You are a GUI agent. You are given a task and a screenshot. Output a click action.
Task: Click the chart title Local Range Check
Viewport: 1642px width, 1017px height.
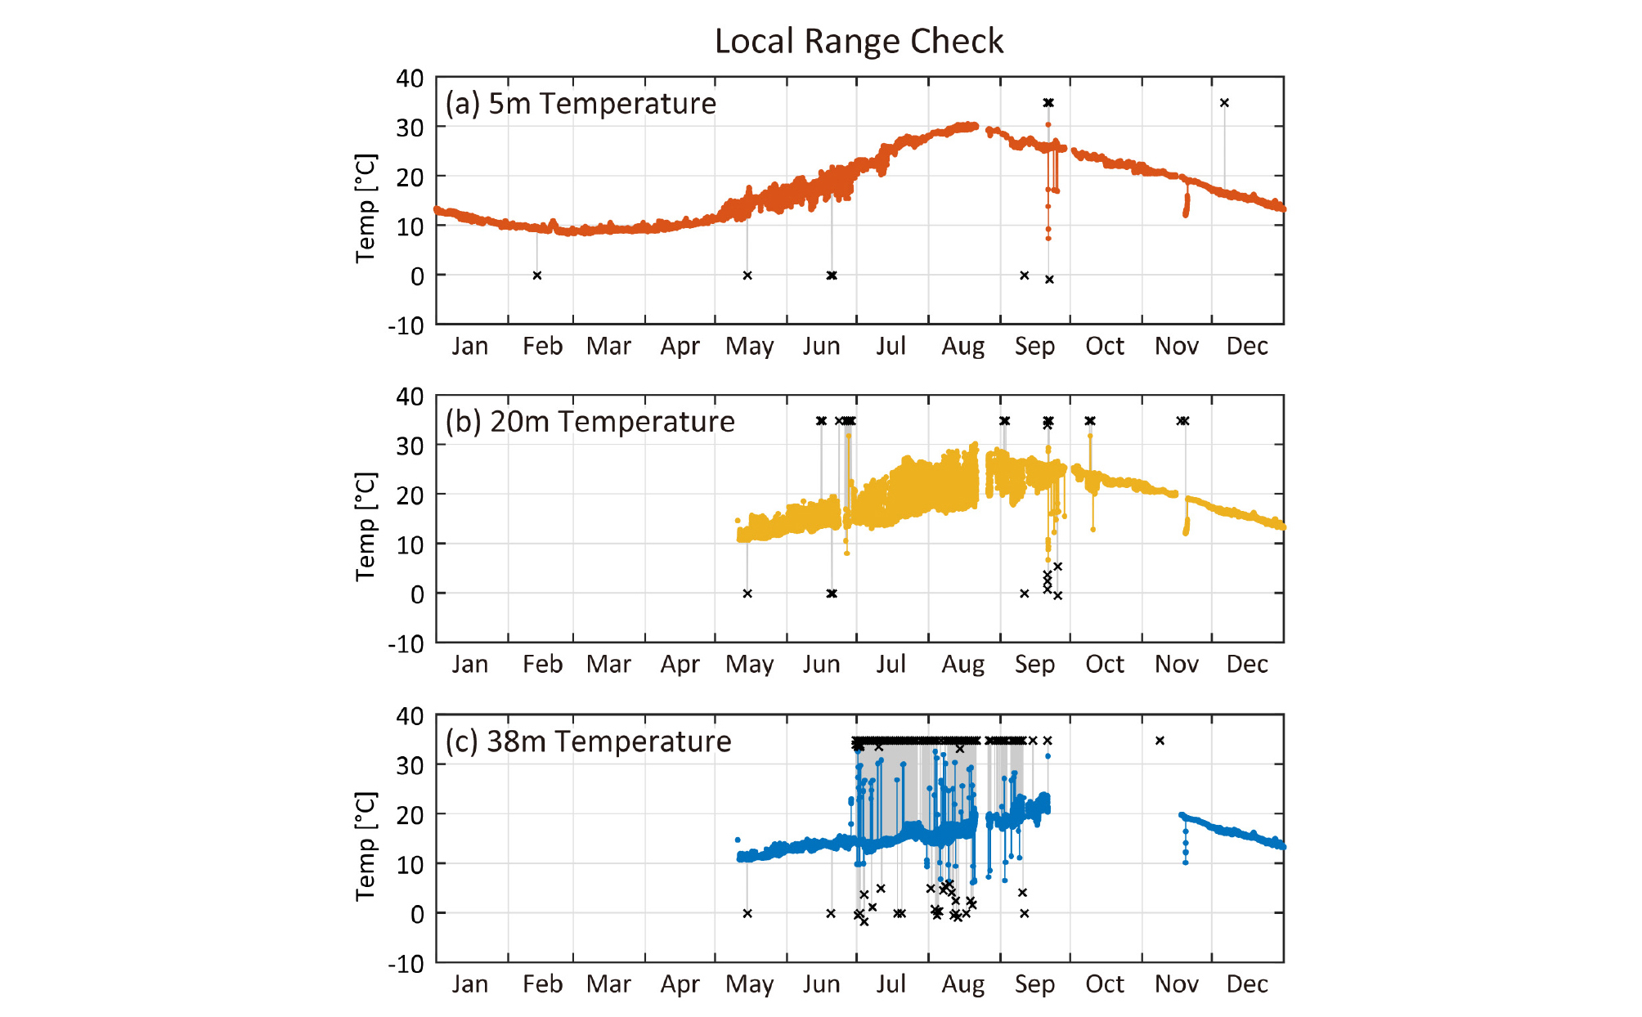[859, 41]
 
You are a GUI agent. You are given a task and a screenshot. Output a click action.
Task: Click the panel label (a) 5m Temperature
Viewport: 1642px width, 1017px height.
[581, 104]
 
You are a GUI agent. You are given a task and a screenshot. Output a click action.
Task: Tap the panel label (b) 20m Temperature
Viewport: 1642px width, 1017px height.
[590, 422]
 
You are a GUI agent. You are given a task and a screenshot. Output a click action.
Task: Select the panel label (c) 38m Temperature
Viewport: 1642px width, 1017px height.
[588, 741]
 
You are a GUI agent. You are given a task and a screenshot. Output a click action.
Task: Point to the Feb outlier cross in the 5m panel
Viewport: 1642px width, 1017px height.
[537, 276]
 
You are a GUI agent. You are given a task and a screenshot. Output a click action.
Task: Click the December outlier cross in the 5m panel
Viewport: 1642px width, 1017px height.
[1224, 103]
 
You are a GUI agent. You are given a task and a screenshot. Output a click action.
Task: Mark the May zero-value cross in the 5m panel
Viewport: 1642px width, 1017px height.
[747, 276]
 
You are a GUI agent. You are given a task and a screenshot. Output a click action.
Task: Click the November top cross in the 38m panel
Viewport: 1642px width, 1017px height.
[1160, 741]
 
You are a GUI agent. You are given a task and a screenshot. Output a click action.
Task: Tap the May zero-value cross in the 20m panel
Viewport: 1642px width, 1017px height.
[747, 594]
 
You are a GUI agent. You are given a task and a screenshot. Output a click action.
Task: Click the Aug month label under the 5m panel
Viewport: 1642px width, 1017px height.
[962, 347]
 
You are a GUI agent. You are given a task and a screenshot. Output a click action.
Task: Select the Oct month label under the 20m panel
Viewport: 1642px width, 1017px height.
[1105, 665]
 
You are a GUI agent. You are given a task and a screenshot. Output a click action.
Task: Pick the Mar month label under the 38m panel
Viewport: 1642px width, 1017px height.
[608, 984]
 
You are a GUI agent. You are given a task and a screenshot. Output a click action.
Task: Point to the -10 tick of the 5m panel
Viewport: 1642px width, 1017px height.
[406, 325]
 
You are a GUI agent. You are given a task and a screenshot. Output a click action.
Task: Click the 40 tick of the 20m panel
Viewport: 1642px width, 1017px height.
[410, 397]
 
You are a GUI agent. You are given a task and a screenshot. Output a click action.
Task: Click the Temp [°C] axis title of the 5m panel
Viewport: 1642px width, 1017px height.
[366, 208]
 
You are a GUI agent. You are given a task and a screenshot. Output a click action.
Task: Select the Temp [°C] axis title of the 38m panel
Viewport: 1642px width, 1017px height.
[366, 846]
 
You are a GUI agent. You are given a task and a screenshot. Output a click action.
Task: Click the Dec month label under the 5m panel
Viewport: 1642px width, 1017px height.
[1247, 347]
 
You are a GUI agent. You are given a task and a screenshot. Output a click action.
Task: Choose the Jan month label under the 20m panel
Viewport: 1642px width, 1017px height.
[470, 665]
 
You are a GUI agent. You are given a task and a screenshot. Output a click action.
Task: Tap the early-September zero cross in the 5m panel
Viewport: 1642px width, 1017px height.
[1025, 276]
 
